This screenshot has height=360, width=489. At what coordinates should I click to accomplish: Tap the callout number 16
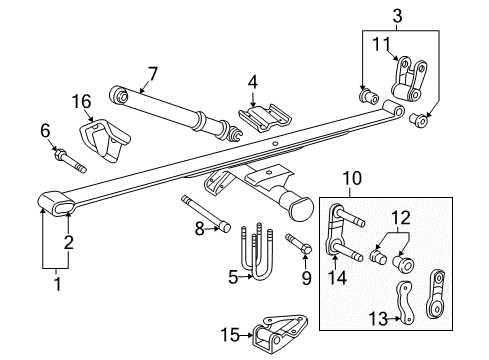(x=81, y=101)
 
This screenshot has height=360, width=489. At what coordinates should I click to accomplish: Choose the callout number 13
(x=402, y=320)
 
